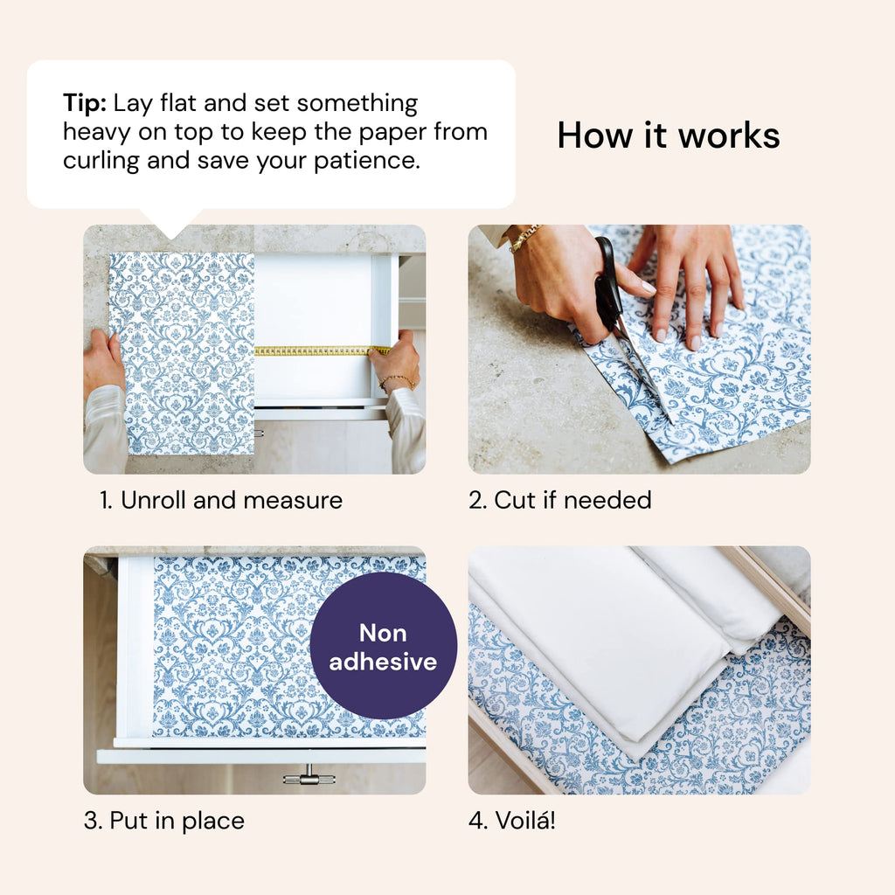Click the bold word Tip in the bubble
[x=84, y=103]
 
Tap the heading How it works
[x=668, y=135]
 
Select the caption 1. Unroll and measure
[x=220, y=500]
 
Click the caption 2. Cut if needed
[x=560, y=500]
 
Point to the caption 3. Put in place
[x=164, y=821]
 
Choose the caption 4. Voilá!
[x=512, y=821]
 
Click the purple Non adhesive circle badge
[x=383, y=646]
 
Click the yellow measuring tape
[x=315, y=350]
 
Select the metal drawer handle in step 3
[x=309, y=774]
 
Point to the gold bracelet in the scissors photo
[x=524, y=238]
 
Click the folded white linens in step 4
[x=612, y=638]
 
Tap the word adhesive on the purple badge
[x=383, y=662]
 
